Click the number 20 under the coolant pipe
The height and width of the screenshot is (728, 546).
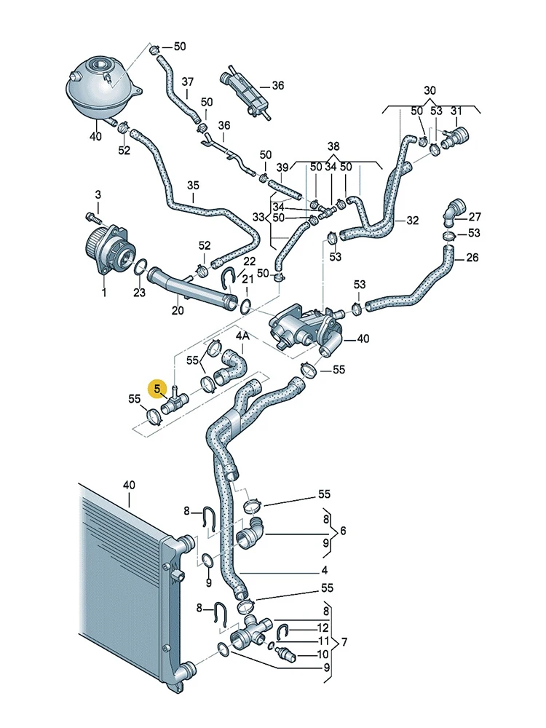(x=178, y=310)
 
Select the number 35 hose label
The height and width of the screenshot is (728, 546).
(x=193, y=186)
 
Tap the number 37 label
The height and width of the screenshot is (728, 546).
(x=188, y=82)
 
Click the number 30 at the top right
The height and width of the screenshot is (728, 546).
(x=430, y=90)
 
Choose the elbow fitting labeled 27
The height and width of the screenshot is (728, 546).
(x=453, y=210)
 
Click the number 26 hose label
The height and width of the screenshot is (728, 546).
(x=472, y=258)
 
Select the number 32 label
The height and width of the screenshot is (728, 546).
(x=413, y=220)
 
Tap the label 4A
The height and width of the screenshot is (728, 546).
(x=242, y=336)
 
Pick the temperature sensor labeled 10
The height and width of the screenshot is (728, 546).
(x=284, y=652)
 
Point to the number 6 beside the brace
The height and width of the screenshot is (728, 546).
(x=342, y=531)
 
